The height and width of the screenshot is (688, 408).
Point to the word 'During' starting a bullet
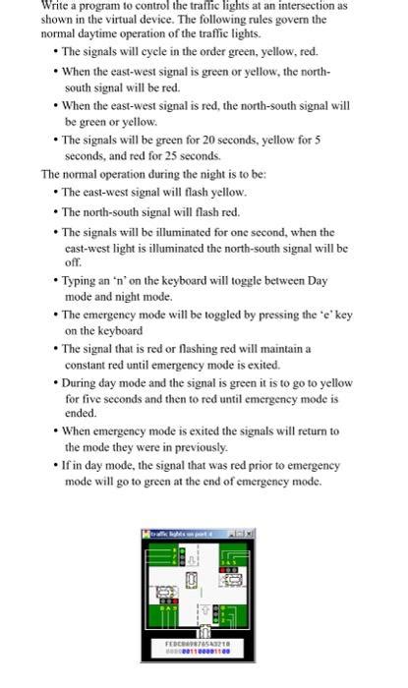pos(83,381)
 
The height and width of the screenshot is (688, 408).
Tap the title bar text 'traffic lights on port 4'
pos(183,532)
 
